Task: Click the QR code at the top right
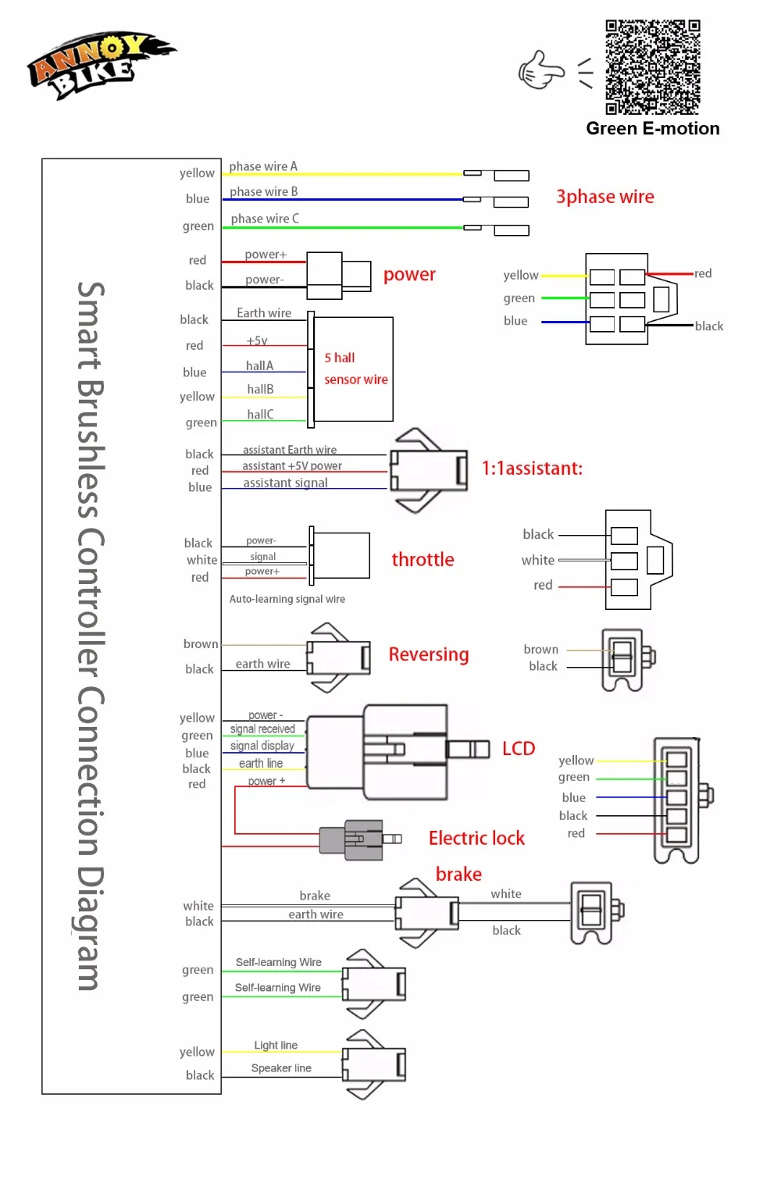652,67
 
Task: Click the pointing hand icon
540,71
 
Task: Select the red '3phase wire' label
604,197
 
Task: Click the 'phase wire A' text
263,166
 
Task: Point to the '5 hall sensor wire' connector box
353,369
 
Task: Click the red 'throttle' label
423,559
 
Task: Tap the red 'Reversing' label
429,654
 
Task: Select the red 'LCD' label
519,748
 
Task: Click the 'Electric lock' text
476,838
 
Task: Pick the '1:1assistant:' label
532,468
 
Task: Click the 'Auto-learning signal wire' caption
287,599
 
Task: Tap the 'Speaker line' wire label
281,1068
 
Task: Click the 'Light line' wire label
276,1045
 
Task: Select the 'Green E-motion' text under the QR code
653,129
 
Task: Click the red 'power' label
409,275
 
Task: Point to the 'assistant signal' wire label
285,483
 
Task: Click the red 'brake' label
458,874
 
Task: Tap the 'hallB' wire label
260,389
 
